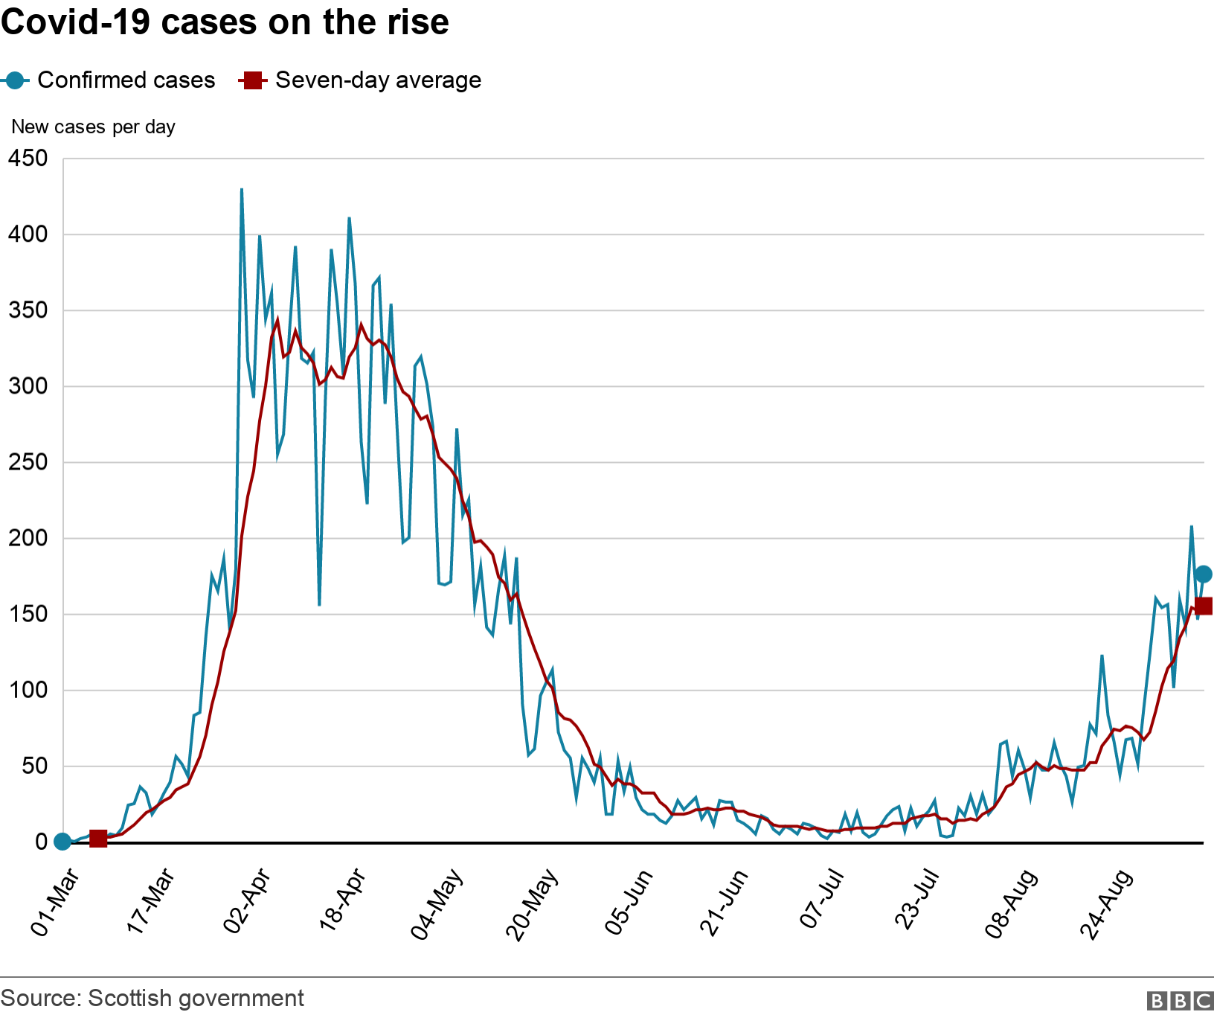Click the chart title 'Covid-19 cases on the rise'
pyautogui.click(x=225, y=22)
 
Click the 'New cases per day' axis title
pyautogui.click(x=93, y=127)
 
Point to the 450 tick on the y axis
pyautogui.click(x=28, y=159)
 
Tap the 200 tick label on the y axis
pyautogui.click(x=28, y=538)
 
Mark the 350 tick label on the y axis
pyautogui.click(x=28, y=310)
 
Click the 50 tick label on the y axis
pyautogui.click(x=34, y=766)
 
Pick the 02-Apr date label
pyautogui.click(x=247, y=901)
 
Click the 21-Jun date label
pyautogui.click(x=724, y=902)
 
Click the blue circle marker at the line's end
pyautogui.click(x=1203, y=574)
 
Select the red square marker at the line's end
pyautogui.click(x=1203, y=606)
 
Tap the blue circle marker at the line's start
pyautogui.click(x=62, y=842)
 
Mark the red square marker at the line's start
pyautogui.click(x=97, y=839)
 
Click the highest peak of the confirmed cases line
pyautogui.click(x=242, y=190)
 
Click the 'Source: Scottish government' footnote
pyautogui.click(x=152, y=998)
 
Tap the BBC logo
pyautogui.click(x=1180, y=1001)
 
